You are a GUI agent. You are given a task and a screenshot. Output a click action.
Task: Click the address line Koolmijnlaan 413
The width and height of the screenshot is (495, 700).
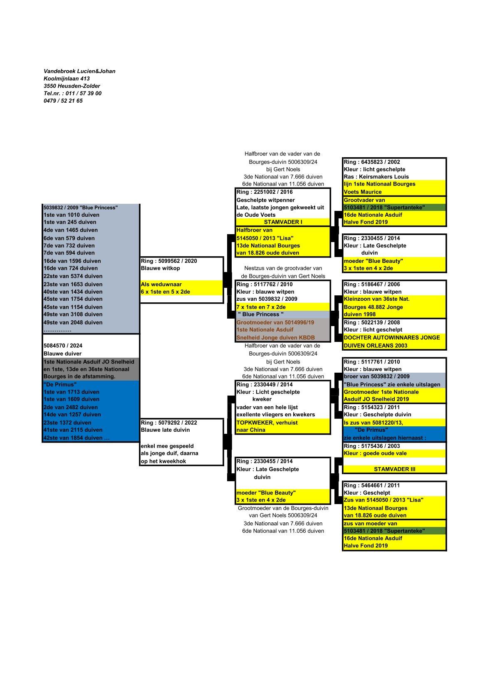(67, 79)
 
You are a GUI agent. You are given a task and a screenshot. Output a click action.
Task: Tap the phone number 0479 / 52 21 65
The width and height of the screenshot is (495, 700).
(63, 101)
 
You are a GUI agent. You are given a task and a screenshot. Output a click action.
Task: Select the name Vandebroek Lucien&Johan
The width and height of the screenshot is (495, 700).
(79, 71)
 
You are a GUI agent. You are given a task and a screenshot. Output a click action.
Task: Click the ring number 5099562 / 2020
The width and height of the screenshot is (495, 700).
(169, 261)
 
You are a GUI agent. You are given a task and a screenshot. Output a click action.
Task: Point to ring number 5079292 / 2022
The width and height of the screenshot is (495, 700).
(169, 423)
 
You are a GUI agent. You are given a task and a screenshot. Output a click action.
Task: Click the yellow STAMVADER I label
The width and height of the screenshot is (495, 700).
(283, 222)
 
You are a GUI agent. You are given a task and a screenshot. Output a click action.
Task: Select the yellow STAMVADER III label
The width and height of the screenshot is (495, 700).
(394, 469)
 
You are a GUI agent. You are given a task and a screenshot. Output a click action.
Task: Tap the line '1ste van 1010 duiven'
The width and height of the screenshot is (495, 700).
(72, 215)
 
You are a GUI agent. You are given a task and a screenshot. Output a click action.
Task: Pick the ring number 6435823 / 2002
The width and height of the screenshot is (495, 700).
(372, 162)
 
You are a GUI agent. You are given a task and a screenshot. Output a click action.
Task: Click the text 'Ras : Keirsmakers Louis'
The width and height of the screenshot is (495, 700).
(376, 177)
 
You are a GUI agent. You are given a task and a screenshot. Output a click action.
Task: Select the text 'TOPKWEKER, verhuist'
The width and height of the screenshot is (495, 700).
(267, 423)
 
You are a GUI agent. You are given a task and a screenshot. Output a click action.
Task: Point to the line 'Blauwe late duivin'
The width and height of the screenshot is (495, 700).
(165, 430)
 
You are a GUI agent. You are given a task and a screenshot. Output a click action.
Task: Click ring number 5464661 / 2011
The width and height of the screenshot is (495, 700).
(372, 485)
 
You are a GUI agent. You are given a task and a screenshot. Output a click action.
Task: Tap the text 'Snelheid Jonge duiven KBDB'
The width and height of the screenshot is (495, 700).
(275, 338)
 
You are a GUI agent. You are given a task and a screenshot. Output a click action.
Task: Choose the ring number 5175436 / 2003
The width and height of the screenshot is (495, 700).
(372, 446)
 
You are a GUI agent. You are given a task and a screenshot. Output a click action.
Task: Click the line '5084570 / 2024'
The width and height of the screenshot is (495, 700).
(63, 346)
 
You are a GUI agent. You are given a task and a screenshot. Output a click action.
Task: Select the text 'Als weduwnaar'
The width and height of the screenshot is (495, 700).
(161, 284)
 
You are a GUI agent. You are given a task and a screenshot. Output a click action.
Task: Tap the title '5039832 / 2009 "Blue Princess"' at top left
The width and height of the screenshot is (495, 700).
(81, 208)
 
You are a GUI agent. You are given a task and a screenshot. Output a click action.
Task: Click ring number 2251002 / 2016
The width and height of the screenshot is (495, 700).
(265, 192)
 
